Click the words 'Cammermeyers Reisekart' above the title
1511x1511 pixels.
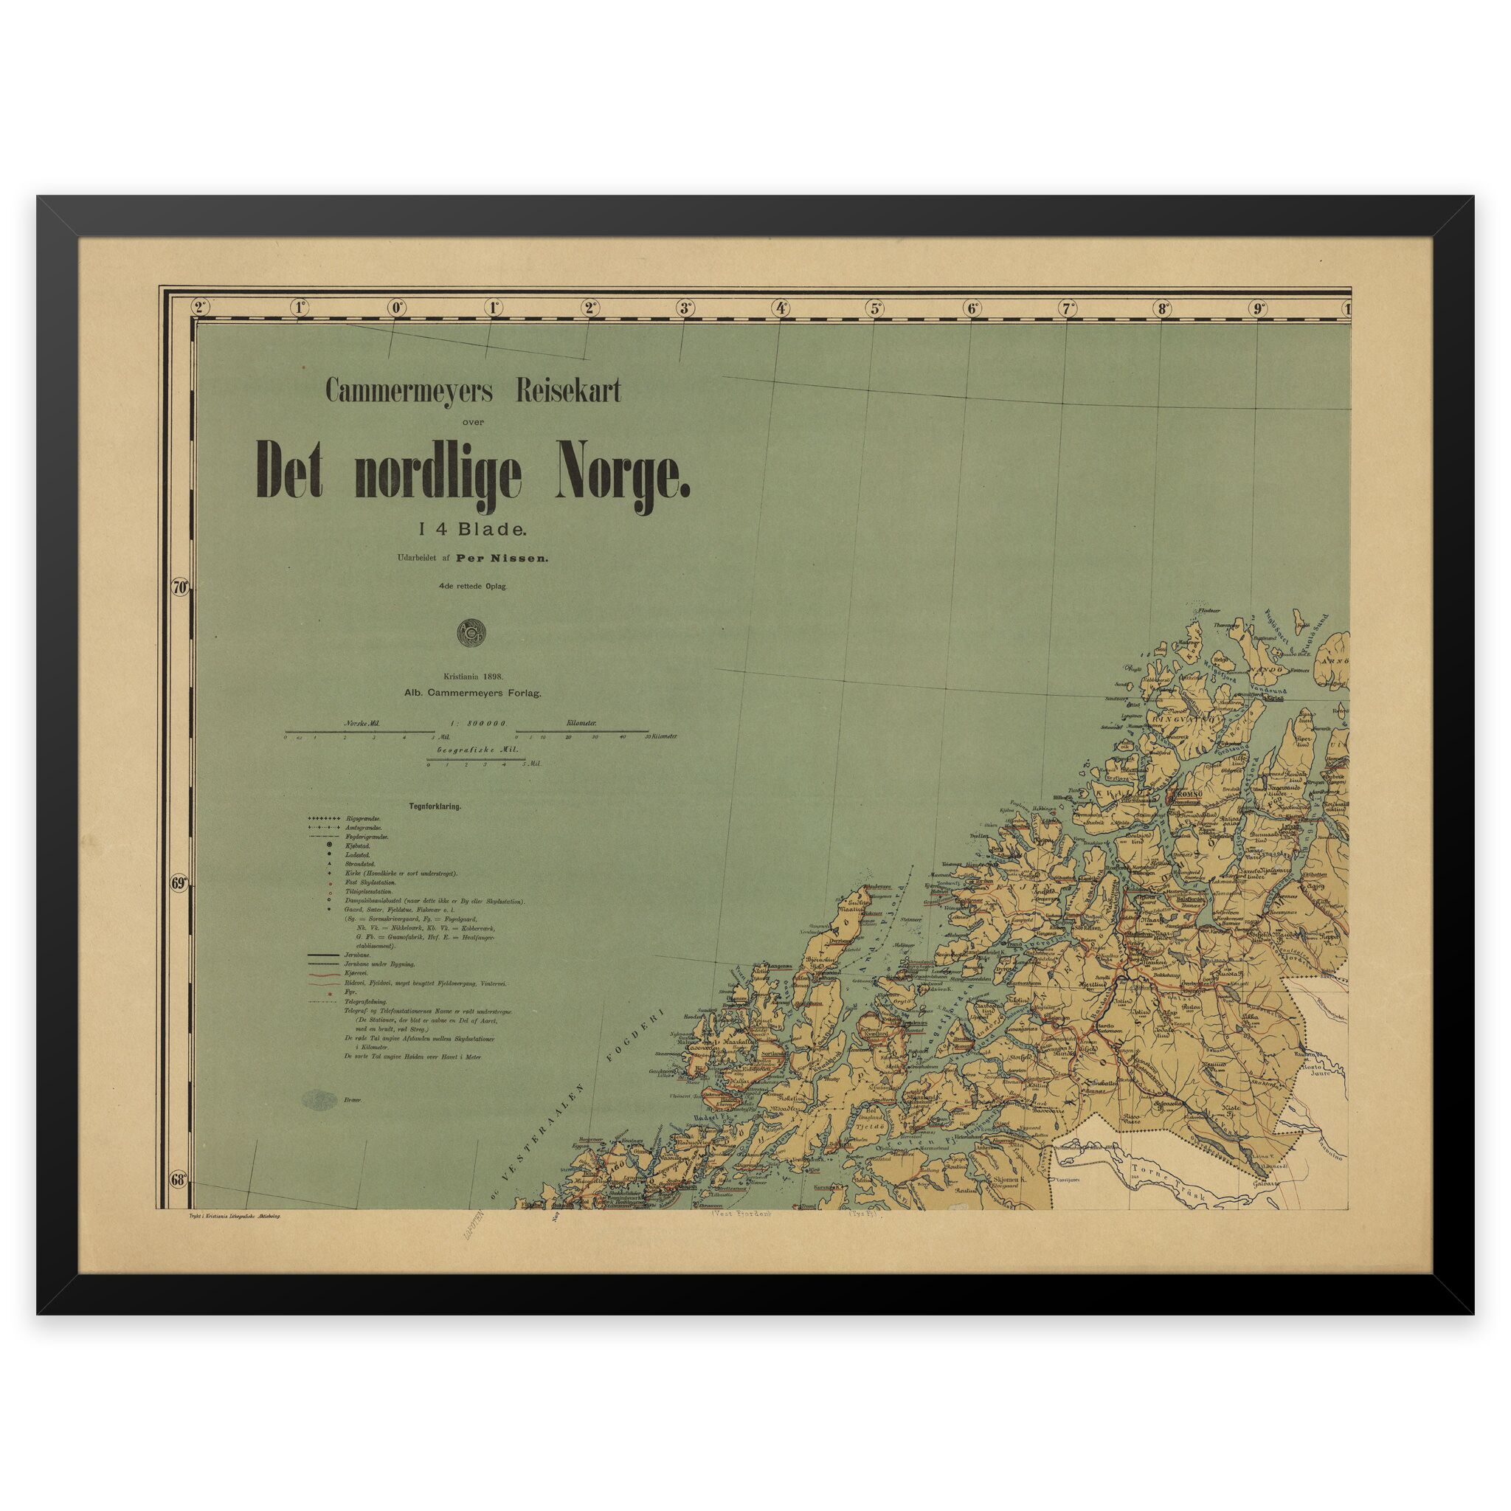473,392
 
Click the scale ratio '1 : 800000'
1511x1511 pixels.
479,725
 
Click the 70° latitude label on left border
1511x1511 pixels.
180,587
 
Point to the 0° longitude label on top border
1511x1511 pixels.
398,308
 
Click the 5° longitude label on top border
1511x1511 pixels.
874,308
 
